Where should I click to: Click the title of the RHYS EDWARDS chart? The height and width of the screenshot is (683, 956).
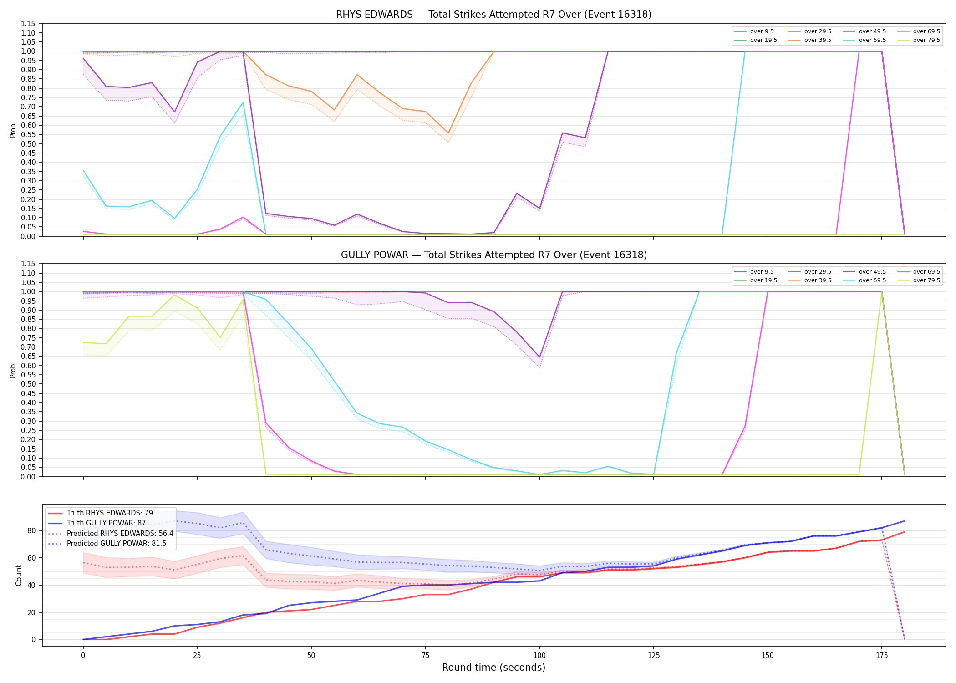click(x=493, y=15)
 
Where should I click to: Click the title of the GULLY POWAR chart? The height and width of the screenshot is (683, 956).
click(x=493, y=255)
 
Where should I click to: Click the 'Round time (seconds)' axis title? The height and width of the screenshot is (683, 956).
click(x=493, y=668)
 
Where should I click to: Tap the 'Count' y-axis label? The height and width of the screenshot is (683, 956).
click(x=19, y=575)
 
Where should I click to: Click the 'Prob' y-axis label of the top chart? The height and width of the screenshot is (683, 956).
click(x=13, y=131)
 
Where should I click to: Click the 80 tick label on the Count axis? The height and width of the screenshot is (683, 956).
click(x=31, y=530)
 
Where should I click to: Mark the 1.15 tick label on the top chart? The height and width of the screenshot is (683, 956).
click(x=28, y=24)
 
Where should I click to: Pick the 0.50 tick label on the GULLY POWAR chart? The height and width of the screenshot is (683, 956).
click(x=28, y=384)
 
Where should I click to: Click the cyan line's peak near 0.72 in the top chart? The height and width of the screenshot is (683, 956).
click(x=243, y=102)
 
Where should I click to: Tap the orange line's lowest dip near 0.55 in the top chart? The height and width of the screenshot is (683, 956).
click(x=448, y=133)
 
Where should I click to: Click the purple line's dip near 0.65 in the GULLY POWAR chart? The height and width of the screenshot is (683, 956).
click(x=539, y=357)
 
